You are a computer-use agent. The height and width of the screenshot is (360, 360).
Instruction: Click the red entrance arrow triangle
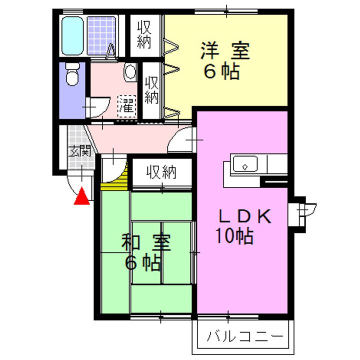[81, 198]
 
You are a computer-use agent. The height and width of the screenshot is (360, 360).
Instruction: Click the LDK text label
[245, 216]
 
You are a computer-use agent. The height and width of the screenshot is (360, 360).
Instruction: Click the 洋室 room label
[225, 51]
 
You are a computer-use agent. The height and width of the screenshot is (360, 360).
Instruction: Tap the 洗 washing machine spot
[127, 105]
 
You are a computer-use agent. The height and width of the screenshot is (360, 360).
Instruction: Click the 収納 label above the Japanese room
[162, 173]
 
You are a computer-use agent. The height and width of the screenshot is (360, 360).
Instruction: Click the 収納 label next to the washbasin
[151, 89]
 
